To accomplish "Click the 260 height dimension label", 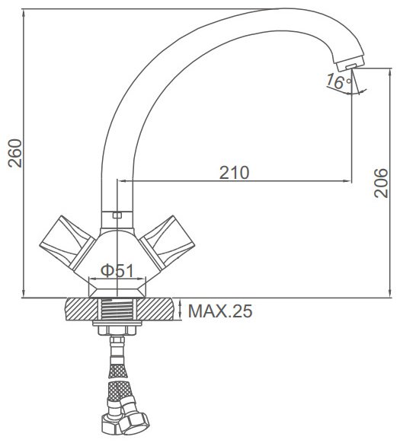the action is [x=15, y=153].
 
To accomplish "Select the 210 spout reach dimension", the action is [x=234, y=172].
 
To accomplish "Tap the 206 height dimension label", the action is [x=380, y=183].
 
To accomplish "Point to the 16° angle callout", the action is [x=338, y=81].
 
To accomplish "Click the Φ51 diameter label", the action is [x=117, y=271].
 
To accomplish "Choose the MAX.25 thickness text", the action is [x=220, y=311].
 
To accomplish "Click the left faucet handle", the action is [x=67, y=242].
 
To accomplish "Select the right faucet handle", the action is [x=167, y=242].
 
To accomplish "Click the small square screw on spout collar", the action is [x=117, y=215].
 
